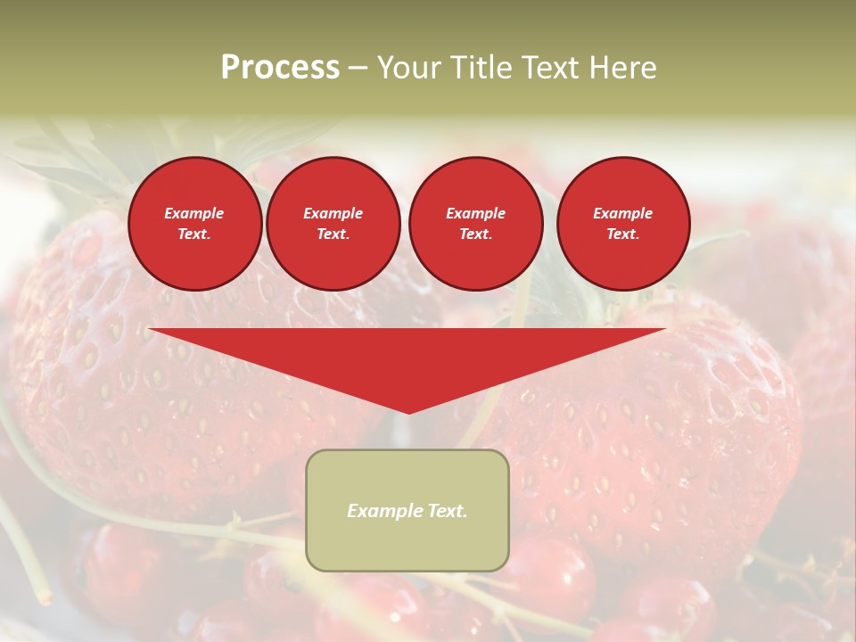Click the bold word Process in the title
click(280, 68)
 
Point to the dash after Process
click(358, 69)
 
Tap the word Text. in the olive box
click(445, 511)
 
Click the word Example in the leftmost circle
click(194, 213)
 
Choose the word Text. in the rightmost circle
click(622, 234)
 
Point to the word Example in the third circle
click(475, 213)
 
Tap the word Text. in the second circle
click(333, 234)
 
